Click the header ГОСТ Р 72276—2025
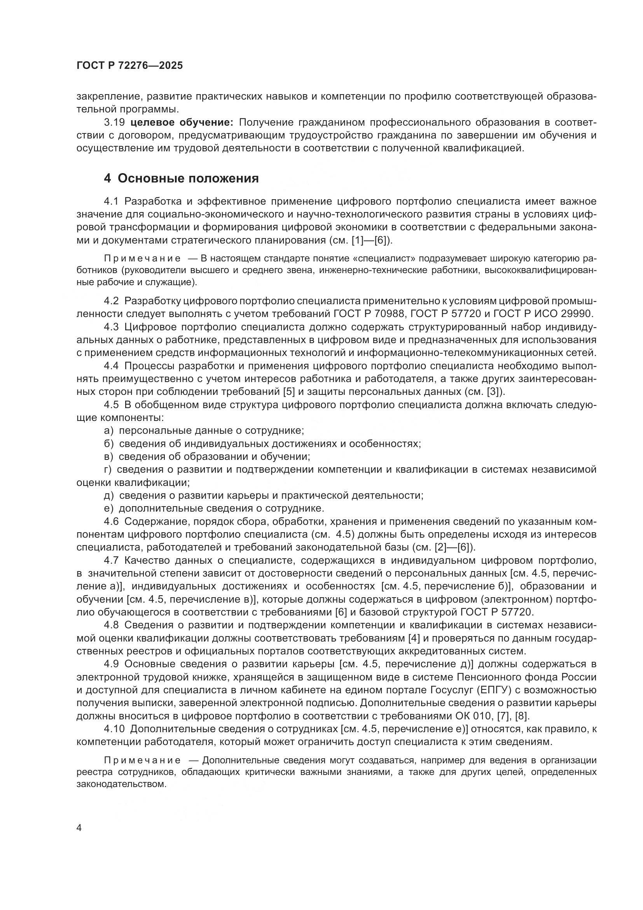click(x=129, y=66)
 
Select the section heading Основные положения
click(x=188, y=178)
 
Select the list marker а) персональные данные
click(x=108, y=430)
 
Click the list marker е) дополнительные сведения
click(x=108, y=508)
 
